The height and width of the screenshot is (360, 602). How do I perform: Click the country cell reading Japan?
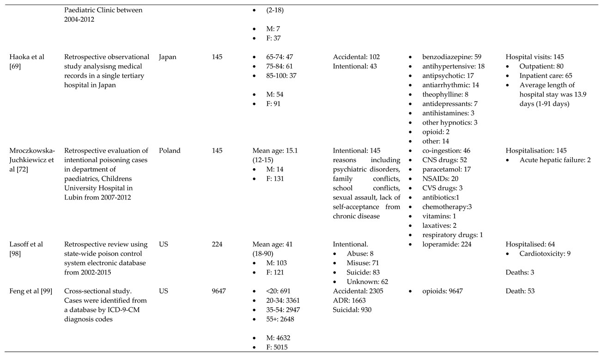click(x=167, y=57)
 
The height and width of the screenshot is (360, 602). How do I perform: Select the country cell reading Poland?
click(x=170, y=151)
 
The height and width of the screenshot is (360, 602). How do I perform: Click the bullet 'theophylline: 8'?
click(x=445, y=94)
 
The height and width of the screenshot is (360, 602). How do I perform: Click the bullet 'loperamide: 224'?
click(x=447, y=244)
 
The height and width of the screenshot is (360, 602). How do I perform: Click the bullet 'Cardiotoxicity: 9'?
click(x=545, y=254)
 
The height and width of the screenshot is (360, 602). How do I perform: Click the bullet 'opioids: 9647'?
click(x=443, y=291)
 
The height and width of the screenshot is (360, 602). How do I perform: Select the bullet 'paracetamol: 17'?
click(x=446, y=169)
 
